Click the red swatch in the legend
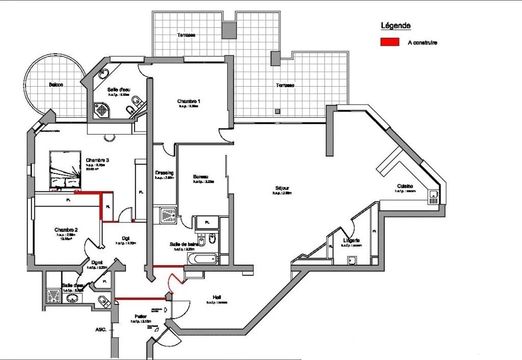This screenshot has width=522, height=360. coord(389,42)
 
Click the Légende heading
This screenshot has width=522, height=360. coord(396,25)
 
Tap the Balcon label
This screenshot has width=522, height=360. coord(56,85)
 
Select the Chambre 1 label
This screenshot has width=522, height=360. coord(189,101)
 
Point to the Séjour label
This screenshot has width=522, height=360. coord(282,188)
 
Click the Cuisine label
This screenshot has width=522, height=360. coord(406,186)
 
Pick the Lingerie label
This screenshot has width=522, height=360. coord(352,240)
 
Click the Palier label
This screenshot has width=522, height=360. coord(141,316)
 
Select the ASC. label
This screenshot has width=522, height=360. coord(100,330)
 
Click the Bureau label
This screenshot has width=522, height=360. coord(200,177)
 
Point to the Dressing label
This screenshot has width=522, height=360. coord(164,172)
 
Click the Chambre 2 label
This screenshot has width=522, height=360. coord(66,230)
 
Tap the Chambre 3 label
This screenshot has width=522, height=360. coord(97,160)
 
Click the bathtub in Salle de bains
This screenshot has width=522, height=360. coord(200,259)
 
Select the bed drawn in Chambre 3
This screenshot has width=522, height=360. coord(65,169)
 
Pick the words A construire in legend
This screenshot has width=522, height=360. coord(423,43)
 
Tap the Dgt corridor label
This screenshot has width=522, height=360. coord(125,238)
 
